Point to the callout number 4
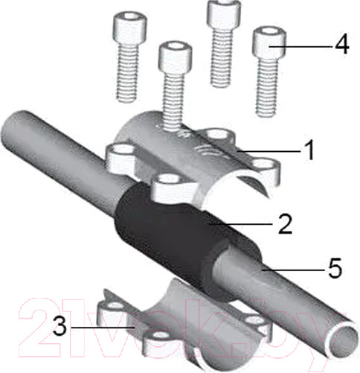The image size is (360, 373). tap(341, 45)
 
